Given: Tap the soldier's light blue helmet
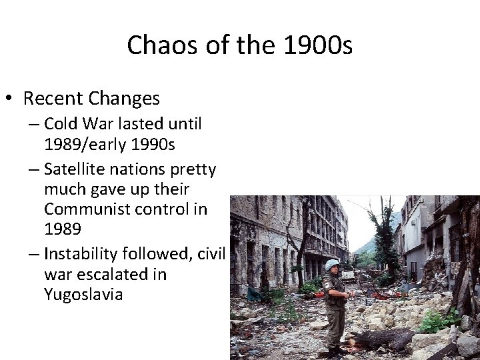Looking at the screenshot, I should coord(330,265).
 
